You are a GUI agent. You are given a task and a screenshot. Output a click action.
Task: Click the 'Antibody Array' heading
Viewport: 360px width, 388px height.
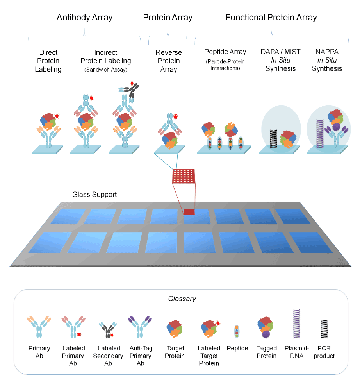84,18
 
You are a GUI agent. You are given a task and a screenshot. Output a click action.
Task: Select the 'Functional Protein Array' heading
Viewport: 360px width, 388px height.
271,18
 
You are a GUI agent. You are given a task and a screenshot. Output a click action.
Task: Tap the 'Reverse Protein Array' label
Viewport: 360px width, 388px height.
169,61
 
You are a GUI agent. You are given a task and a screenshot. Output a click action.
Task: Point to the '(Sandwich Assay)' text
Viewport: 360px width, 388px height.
106,70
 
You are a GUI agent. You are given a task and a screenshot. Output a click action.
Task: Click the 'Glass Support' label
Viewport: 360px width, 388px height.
94,195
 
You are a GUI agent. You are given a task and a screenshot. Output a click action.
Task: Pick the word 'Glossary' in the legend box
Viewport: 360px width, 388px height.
182,299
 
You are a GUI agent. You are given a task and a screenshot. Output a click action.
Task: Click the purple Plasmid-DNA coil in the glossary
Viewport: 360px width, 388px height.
296,324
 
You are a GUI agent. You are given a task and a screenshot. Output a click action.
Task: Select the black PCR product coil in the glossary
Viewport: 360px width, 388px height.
324,329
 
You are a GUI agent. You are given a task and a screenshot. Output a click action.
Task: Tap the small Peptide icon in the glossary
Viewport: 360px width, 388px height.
237,331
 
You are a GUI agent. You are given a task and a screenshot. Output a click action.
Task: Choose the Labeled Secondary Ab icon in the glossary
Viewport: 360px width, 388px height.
108,330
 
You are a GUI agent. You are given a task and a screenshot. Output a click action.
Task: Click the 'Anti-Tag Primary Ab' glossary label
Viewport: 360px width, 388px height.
141,356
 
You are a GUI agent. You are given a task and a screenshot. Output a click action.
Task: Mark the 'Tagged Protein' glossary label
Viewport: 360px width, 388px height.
267,352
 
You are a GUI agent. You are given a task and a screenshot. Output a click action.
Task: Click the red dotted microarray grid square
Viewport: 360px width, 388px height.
184,176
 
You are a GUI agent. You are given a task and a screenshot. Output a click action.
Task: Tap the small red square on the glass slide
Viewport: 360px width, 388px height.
189,212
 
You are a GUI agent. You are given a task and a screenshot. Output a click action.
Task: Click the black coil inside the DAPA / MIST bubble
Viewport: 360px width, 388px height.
273,139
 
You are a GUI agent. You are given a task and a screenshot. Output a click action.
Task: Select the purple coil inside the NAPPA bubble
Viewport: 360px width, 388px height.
320,134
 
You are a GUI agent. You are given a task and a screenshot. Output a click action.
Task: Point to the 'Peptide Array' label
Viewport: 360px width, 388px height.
225,52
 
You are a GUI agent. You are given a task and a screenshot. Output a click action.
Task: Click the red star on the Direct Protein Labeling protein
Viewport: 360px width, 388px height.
57,116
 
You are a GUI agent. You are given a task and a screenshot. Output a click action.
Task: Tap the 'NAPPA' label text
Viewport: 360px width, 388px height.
327,52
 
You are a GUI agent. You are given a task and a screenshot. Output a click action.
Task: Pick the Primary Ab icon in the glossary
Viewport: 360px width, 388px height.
39,327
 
